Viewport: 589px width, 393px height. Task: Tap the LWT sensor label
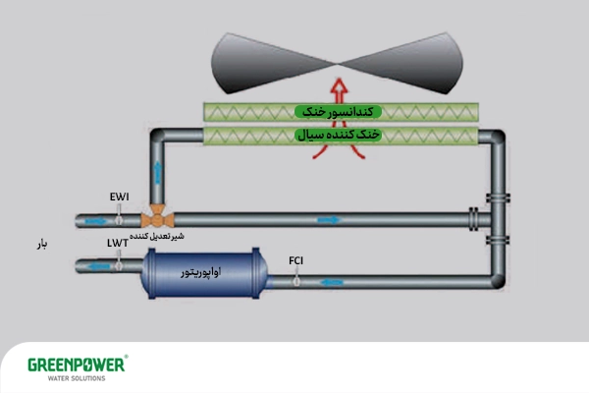118,242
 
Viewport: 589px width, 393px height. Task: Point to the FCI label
295,260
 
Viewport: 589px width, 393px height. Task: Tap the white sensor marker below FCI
295,281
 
